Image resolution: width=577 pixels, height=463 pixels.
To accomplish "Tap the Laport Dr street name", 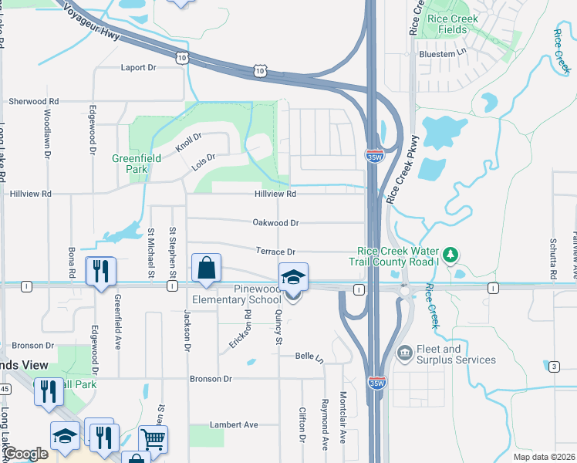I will click(x=138, y=68).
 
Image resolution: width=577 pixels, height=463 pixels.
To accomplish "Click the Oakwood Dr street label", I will click(x=275, y=223).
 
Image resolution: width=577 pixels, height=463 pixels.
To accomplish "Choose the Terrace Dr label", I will click(x=275, y=252).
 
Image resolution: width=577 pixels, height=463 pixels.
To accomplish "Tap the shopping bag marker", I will click(x=206, y=269).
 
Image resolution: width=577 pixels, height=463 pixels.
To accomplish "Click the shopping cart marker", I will click(x=154, y=440).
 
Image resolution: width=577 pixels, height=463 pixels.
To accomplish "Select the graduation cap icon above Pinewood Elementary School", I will click(x=293, y=277).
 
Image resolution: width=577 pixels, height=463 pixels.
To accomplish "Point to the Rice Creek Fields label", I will click(x=452, y=24).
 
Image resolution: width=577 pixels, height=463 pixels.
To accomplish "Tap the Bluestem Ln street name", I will click(x=443, y=54).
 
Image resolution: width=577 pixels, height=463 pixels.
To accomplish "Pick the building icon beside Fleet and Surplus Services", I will click(x=404, y=353).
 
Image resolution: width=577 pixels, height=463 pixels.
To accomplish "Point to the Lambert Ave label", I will click(x=234, y=424).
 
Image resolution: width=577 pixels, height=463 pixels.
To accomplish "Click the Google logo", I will click(x=25, y=454).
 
